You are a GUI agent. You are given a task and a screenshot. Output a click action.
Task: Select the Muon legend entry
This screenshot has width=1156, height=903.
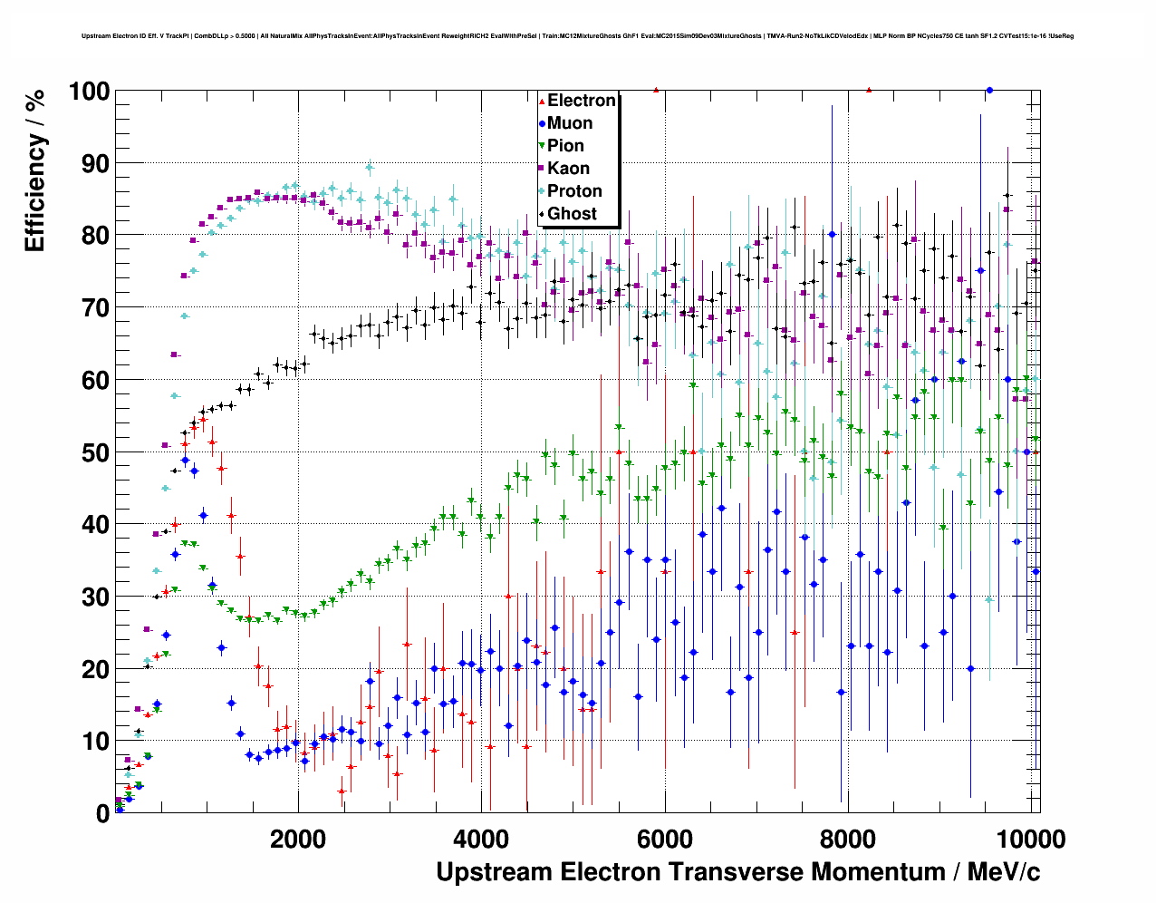(x=569, y=123)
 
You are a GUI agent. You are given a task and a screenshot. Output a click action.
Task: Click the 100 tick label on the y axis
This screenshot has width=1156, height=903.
(x=89, y=92)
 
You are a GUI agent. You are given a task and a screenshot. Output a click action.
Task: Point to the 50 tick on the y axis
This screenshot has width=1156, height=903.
(x=96, y=452)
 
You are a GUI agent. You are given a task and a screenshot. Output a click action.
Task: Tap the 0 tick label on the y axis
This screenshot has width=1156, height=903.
(x=102, y=813)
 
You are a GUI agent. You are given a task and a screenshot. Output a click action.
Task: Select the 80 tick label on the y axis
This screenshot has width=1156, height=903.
(x=96, y=236)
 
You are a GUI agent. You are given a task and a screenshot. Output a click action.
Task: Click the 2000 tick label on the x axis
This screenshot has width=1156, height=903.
(x=298, y=839)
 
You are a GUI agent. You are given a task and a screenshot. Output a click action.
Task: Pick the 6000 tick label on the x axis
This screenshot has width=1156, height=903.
(x=665, y=839)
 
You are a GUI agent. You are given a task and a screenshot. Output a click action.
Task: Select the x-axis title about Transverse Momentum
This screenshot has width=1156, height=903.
(x=737, y=872)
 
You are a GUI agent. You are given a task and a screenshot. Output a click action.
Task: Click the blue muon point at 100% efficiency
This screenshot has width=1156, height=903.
(x=989, y=90)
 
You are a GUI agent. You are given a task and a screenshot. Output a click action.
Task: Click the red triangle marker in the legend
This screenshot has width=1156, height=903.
(x=542, y=101)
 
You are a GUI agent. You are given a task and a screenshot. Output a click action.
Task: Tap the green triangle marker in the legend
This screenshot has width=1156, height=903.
(x=542, y=146)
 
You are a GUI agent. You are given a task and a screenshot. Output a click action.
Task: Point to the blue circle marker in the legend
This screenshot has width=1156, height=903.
(x=542, y=123)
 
